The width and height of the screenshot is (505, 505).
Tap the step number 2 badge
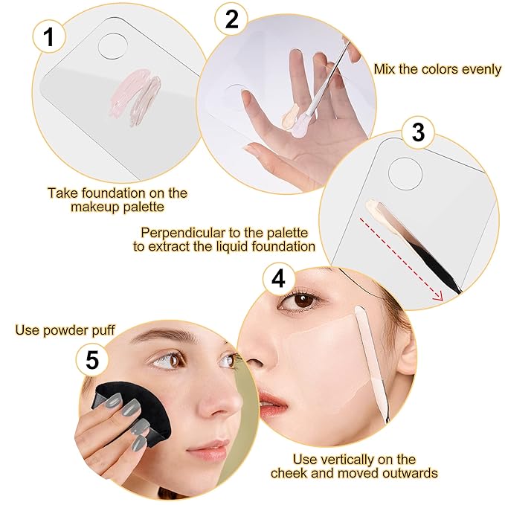point(231,20)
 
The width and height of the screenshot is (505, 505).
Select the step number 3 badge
point(418,132)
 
